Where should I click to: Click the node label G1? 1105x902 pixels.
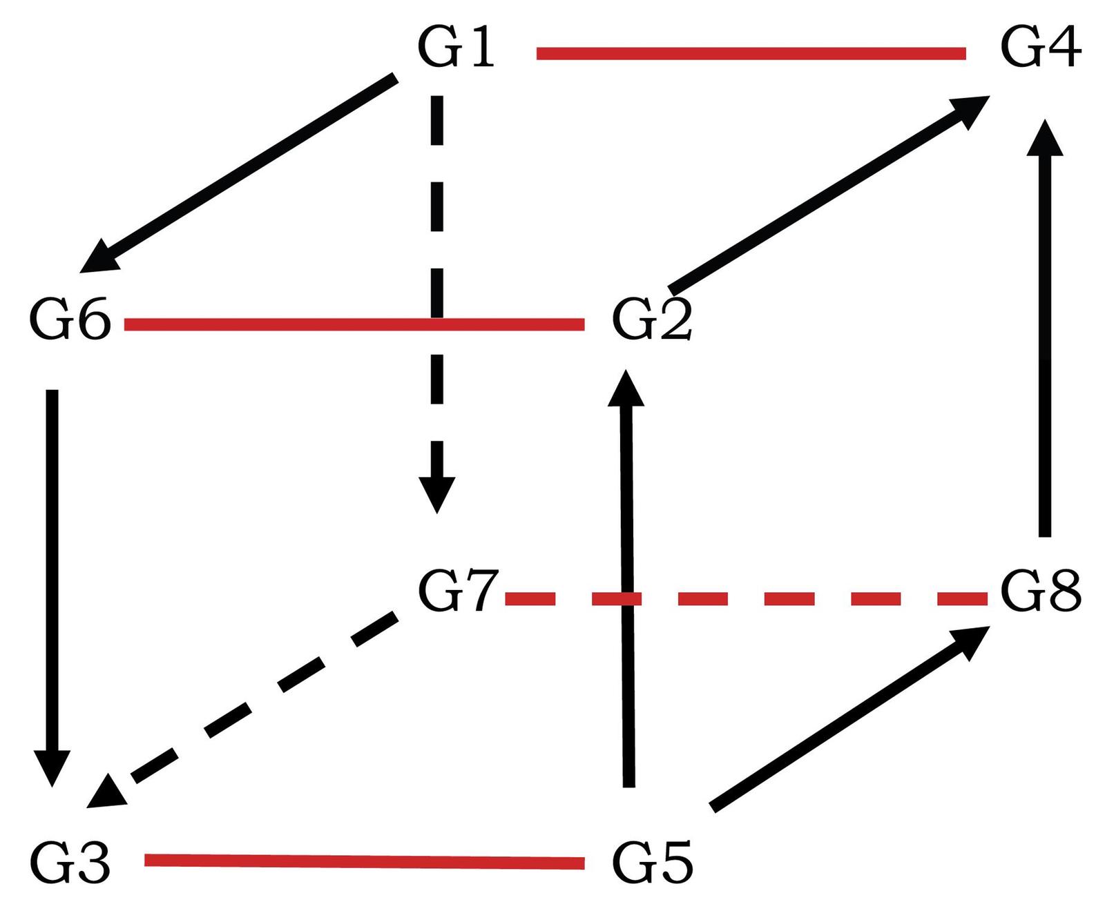click(457, 49)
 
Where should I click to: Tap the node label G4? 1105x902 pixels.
click(1040, 49)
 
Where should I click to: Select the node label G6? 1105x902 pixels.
click(70, 322)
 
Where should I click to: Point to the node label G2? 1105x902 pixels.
click(652, 322)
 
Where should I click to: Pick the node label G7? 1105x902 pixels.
click(458, 592)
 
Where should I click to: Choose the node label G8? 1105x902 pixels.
click(1041, 592)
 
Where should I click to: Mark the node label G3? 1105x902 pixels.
click(70, 863)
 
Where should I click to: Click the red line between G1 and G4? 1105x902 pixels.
click(751, 53)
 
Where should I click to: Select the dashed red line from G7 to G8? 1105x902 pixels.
click(746, 598)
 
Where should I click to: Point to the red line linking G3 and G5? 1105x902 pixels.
click(364, 861)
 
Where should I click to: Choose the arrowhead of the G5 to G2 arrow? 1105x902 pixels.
click(626, 389)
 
